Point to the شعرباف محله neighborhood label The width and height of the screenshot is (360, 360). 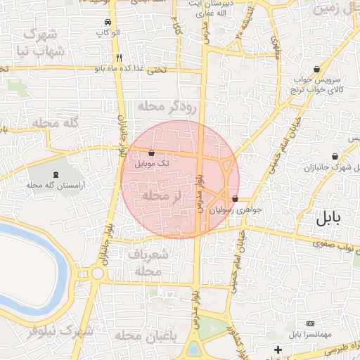(148, 262)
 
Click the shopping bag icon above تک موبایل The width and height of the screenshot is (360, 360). (152, 153)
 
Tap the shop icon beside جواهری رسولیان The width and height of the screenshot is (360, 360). (234, 199)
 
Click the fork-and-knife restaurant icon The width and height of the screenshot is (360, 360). (120, 58)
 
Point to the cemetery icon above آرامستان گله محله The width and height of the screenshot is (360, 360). (56, 174)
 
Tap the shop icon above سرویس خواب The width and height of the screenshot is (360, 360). (319, 70)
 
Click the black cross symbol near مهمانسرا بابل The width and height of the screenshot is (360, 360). (278, 349)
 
